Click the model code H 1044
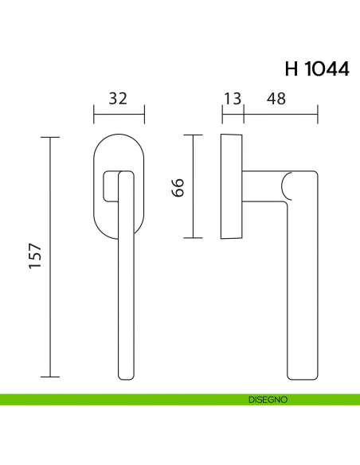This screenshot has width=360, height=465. click(315, 68)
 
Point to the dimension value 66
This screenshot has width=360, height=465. click(178, 187)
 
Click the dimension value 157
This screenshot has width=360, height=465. click(36, 256)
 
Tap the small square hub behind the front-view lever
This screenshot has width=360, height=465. click(109, 186)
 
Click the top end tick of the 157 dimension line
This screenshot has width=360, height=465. click(50, 138)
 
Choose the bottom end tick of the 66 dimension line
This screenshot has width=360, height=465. click(192, 238)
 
